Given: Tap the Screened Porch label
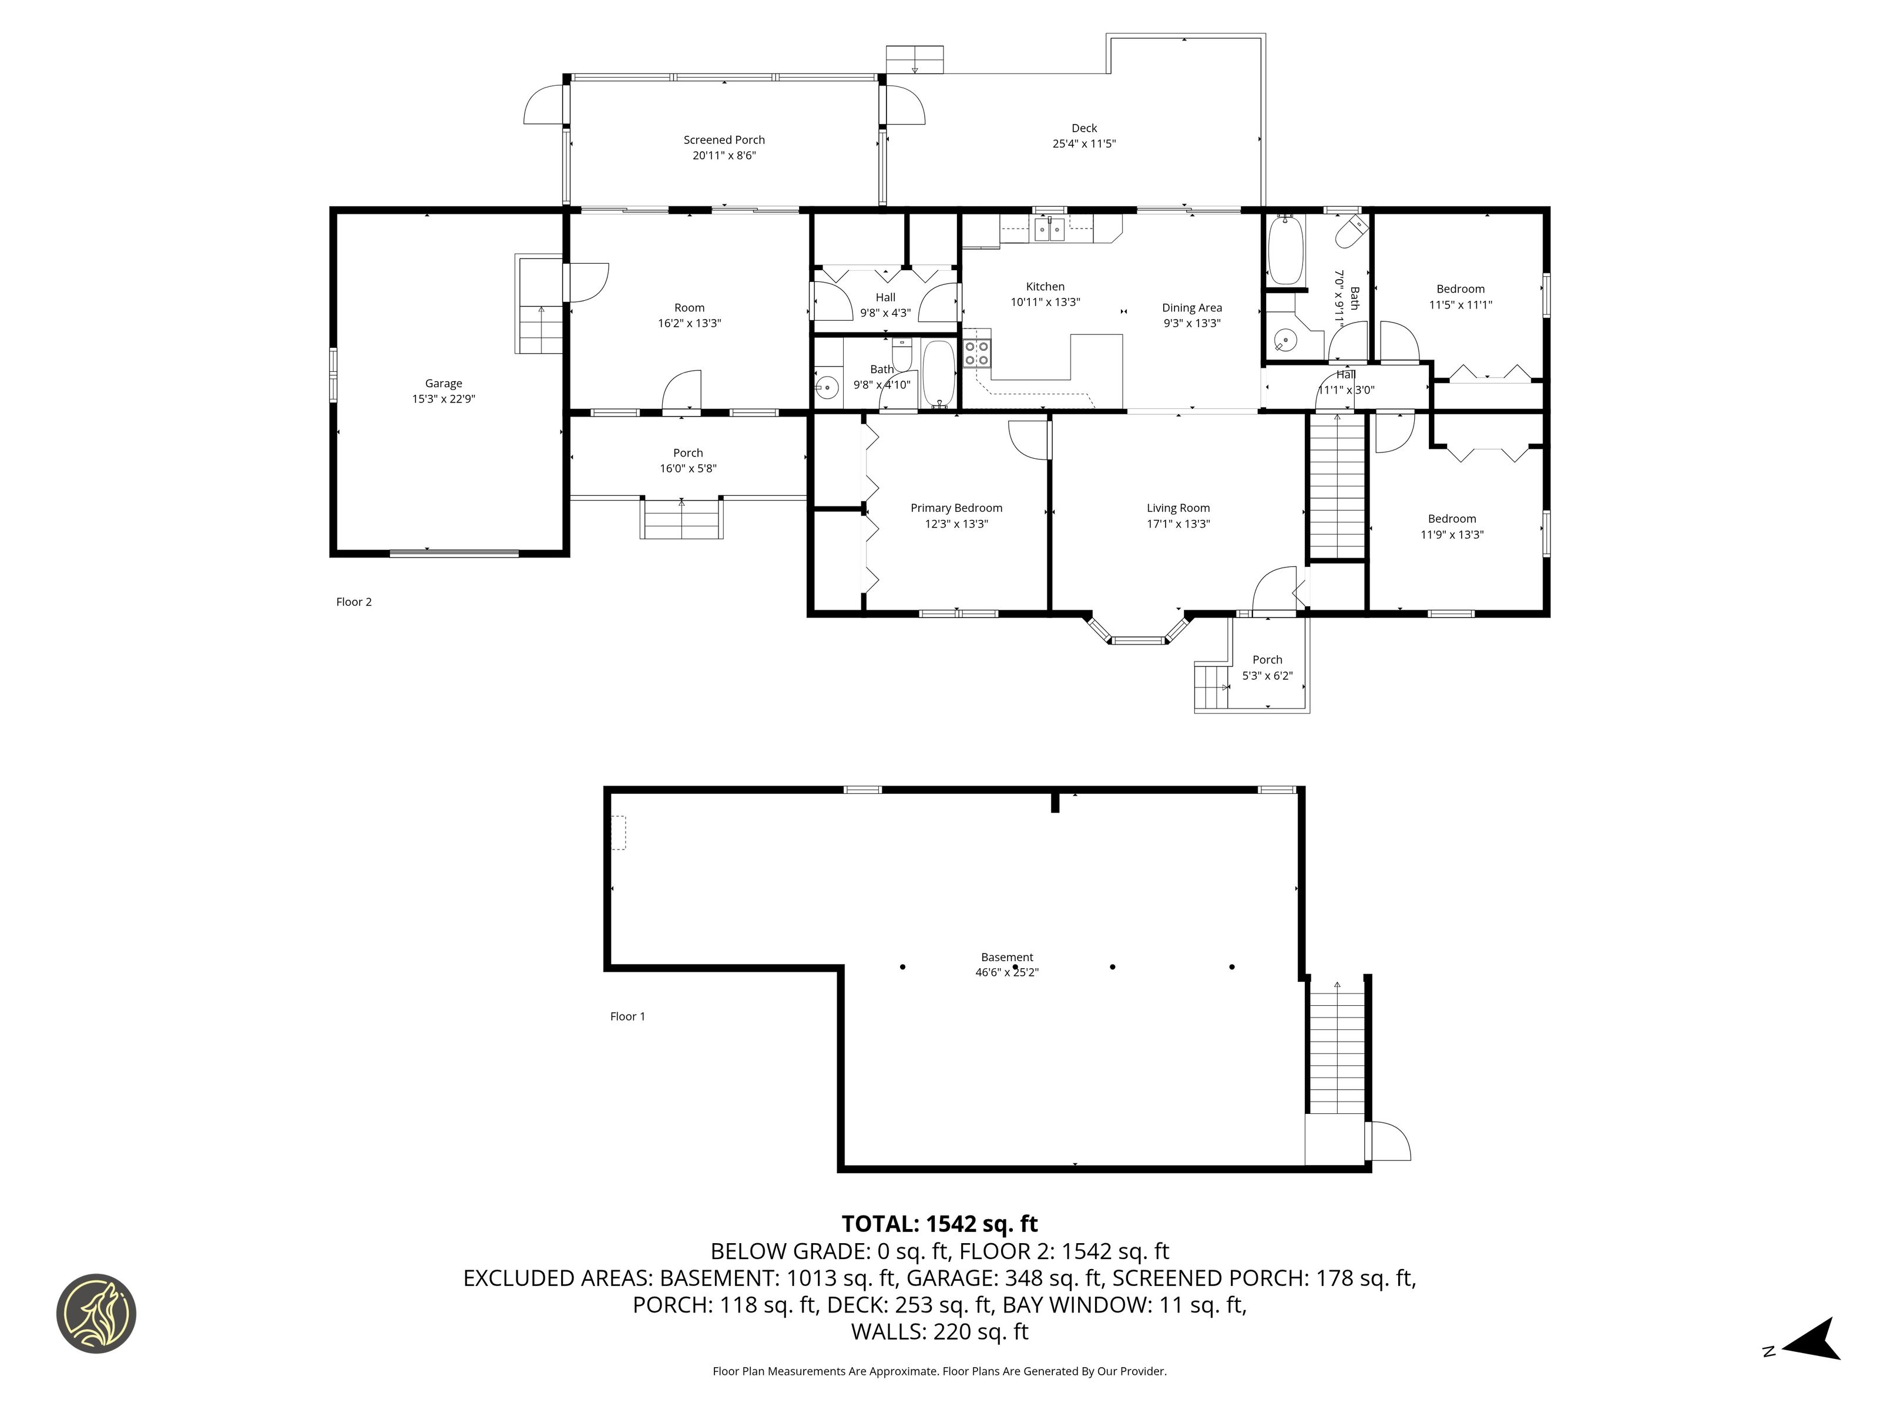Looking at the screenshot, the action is click(724, 139).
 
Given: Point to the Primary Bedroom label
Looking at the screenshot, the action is click(956, 508).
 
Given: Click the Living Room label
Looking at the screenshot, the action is click(1178, 508).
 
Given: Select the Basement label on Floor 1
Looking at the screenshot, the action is click(1007, 957).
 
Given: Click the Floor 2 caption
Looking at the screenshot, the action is click(354, 602).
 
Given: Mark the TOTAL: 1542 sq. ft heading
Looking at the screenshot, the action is click(939, 1224).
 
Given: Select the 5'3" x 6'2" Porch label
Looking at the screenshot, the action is click(1267, 667).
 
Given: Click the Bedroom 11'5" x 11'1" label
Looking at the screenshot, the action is click(1460, 297).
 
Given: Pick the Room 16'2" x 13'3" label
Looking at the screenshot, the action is click(689, 315).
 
